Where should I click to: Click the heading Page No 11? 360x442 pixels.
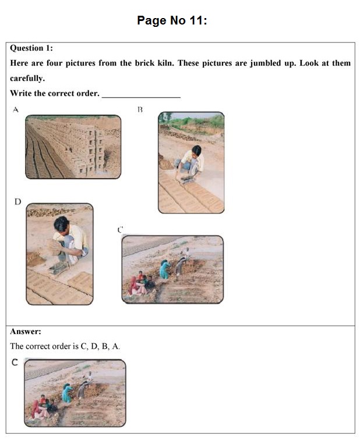click(x=172, y=20)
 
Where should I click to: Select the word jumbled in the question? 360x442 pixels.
click(x=270, y=63)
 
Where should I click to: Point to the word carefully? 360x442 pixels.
click(x=27, y=78)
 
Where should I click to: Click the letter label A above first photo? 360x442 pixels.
click(x=16, y=109)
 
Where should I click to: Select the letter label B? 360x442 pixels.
click(x=140, y=109)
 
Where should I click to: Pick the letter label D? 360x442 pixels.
click(x=17, y=202)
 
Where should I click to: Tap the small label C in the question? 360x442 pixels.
click(x=120, y=230)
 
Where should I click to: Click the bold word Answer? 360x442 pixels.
click(x=26, y=331)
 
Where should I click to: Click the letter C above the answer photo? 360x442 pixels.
click(x=15, y=363)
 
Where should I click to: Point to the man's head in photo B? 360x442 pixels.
click(x=196, y=150)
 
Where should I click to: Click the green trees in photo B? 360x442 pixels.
click(x=201, y=121)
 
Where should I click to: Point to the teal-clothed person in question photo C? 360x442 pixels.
click(x=166, y=269)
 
